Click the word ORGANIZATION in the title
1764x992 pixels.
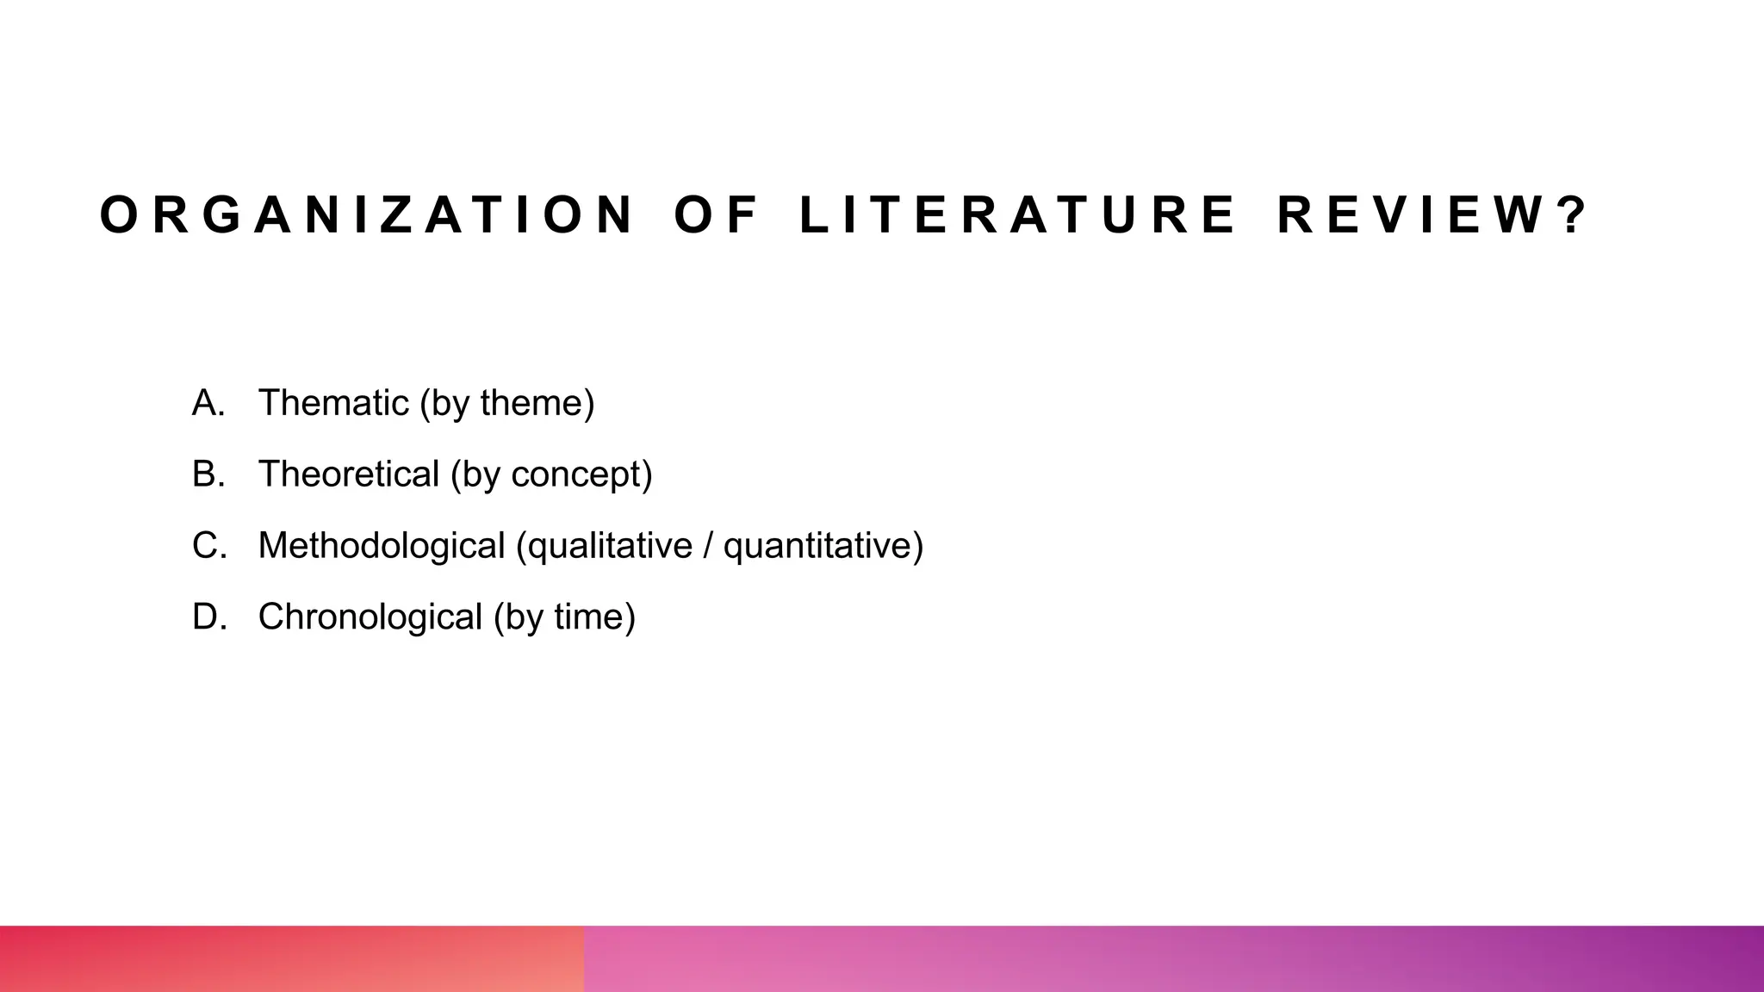(367, 215)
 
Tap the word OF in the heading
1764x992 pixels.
(716, 215)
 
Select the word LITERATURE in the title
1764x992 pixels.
(1017, 215)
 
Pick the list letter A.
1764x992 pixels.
(208, 403)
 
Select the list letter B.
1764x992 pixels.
(208, 474)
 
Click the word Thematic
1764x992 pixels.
(333, 403)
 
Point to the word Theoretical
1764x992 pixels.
(349, 474)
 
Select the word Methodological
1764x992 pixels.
(382, 546)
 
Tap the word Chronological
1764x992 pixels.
(370, 617)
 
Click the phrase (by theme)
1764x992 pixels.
(507, 403)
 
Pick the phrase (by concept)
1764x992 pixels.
(552, 474)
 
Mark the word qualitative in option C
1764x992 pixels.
(605, 546)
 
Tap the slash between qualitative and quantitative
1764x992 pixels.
(708, 546)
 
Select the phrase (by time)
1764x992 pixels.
(565, 617)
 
